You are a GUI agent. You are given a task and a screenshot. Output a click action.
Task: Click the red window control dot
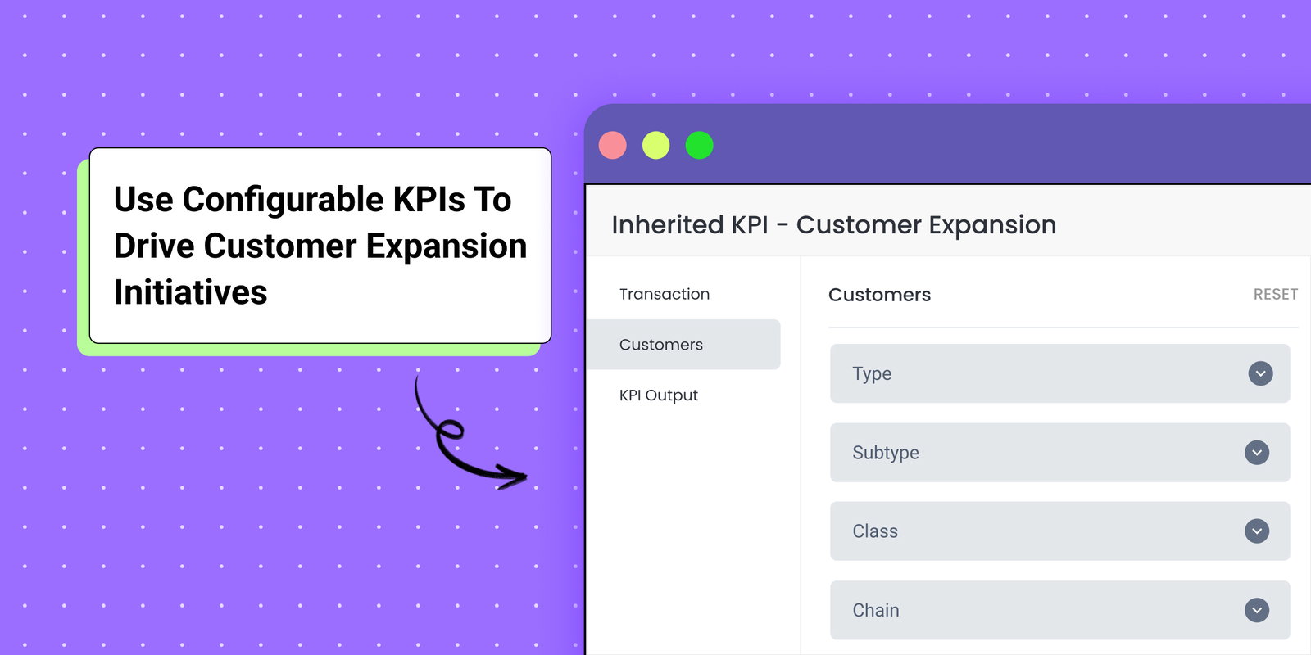click(x=613, y=146)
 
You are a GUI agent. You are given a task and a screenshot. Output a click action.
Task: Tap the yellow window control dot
click(x=655, y=146)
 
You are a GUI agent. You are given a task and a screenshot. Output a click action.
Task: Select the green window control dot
click(x=699, y=146)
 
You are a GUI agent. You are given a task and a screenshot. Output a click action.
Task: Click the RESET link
click(x=1275, y=295)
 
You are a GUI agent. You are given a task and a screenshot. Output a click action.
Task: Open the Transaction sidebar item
click(x=665, y=294)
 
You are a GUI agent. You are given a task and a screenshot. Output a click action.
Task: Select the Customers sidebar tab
click(x=661, y=345)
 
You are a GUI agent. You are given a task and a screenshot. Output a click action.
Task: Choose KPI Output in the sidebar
click(x=659, y=395)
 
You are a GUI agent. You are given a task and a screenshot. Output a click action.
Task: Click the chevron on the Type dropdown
click(x=1260, y=373)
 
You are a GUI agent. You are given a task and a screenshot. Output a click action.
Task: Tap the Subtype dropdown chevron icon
click(x=1257, y=453)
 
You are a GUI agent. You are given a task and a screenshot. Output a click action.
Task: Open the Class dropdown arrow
click(x=1257, y=531)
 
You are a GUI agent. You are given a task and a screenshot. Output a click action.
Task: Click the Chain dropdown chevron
click(x=1257, y=610)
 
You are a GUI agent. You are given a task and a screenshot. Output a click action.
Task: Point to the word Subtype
click(x=886, y=453)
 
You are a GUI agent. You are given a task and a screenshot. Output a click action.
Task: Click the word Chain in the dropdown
click(x=876, y=610)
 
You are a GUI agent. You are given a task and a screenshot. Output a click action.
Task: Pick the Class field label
click(x=875, y=531)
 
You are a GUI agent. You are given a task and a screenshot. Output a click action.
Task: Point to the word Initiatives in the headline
click(x=191, y=292)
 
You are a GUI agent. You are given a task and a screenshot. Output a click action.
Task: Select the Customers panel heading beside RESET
click(x=879, y=295)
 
